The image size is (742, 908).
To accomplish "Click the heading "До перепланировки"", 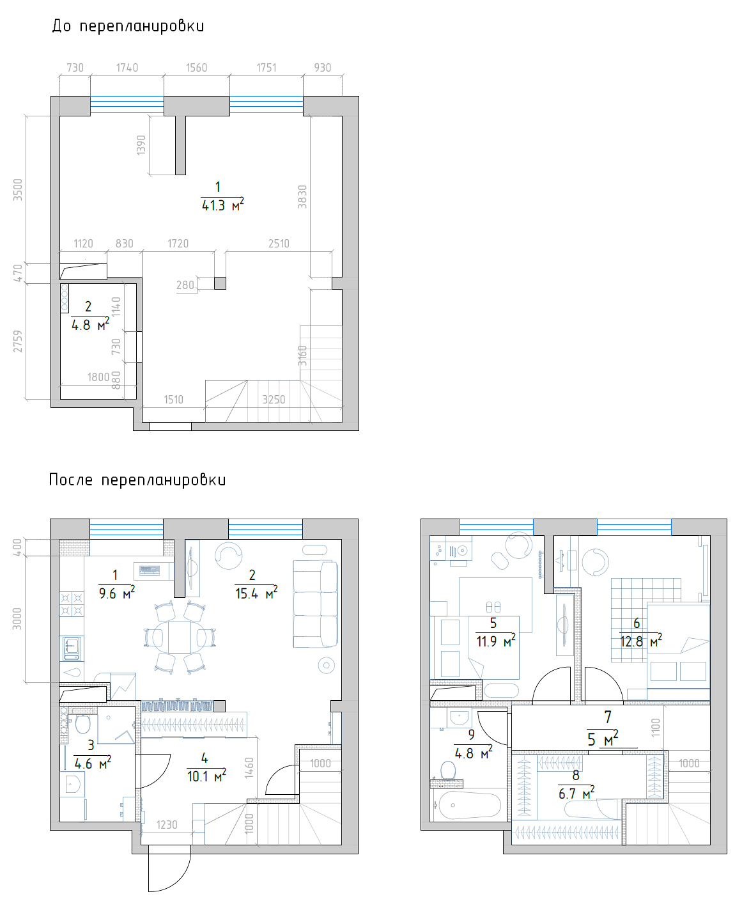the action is click(128, 26).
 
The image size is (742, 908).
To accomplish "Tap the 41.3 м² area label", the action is click(222, 205).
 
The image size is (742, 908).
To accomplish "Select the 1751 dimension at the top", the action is click(267, 68).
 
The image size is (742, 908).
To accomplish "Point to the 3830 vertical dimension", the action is click(302, 197).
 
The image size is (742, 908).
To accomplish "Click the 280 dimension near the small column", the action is click(185, 285).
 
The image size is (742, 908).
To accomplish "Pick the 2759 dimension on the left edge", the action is click(17, 341).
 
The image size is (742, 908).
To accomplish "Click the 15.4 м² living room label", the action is click(256, 593).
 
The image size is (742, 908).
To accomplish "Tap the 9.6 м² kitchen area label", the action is click(117, 593).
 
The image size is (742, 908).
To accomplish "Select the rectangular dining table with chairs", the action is click(180, 637).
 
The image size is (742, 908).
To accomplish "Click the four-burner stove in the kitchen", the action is click(72, 604).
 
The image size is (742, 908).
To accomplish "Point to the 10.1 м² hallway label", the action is click(206, 776).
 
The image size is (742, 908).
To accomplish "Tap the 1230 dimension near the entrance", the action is click(167, 824).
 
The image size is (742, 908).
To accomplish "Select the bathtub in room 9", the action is click(469, 805).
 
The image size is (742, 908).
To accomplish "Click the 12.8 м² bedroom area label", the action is click(640, 641).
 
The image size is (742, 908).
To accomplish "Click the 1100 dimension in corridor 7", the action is click(656, 728).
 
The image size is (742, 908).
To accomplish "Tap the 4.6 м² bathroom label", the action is click(93, 763).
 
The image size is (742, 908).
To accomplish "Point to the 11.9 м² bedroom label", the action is click(495, 641).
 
